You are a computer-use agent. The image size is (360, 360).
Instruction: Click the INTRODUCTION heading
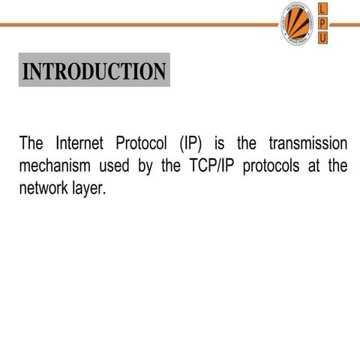tap(94, 71)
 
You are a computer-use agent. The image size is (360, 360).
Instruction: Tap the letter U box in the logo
tap(322, 38)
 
